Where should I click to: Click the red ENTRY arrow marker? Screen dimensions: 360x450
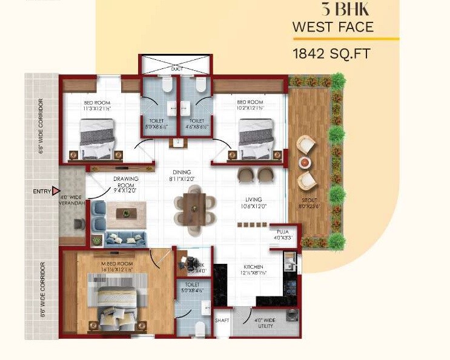pos(56,191)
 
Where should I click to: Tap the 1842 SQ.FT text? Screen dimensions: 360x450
pos(331,53)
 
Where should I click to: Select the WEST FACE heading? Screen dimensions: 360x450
pos(333,27)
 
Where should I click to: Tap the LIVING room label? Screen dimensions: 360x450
pos(254,200)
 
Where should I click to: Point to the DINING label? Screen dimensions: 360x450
pos(182,172)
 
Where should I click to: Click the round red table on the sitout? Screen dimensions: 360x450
pos(305,162)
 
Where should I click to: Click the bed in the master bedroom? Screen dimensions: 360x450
pos(117,303)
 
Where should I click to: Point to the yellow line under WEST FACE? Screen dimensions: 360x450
pos(345,39)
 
